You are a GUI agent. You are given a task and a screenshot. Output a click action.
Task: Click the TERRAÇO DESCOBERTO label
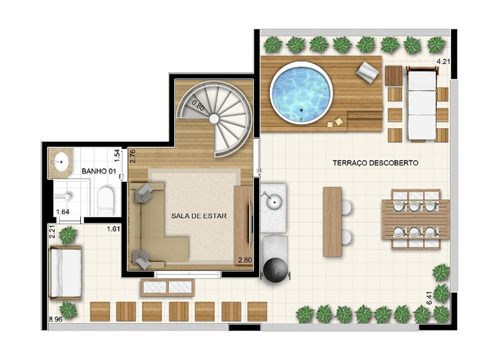click(x=375, y=163)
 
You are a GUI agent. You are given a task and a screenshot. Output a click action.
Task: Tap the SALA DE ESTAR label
click(x=199, y=216)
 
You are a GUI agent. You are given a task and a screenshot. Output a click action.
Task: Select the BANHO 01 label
click(x=98, y=171)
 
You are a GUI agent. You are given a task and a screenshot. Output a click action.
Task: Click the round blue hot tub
click(x=301, y=92)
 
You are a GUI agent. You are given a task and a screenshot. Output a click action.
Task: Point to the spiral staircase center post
click(x=214, y=119)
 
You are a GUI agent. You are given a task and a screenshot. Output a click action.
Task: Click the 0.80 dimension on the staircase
click(x=198, y=105)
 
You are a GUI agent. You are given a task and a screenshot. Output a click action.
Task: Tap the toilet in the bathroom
click(x=105, y=200)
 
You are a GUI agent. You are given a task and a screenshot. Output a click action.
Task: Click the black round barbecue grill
click(x=276, y=270)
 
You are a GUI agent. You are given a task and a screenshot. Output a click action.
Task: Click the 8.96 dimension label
click(x=55, y=319)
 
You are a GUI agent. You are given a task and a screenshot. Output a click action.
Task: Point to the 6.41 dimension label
click(x=430, y=298)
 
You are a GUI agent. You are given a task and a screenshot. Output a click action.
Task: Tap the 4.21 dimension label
click(x=443, y=61)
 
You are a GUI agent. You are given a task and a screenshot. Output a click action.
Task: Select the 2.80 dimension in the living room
click(x=245, y=260)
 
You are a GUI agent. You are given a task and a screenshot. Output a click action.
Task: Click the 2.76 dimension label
click(x=133, y=156)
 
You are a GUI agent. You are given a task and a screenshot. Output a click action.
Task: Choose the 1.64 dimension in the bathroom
click(x=62, y=212)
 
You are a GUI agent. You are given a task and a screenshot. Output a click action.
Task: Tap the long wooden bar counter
click(x=332, y=222)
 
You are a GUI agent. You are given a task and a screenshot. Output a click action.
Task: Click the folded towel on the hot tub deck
click(x=368, y=73)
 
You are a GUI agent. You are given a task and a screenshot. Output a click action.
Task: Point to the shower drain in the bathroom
click(x=67, y=197)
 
